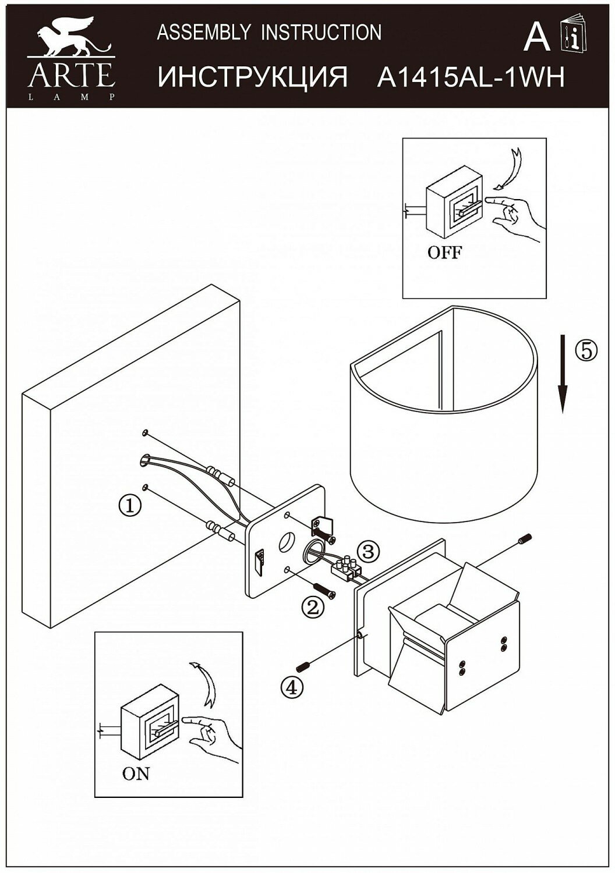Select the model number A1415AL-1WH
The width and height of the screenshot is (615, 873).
[471, 77]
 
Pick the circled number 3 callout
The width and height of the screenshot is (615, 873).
[369, 549]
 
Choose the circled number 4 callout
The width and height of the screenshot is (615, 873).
[292, 687]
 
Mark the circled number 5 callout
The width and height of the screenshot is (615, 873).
[586, 350]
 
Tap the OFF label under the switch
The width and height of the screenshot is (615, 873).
[444, 253]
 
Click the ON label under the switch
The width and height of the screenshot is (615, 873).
[136, 773]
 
